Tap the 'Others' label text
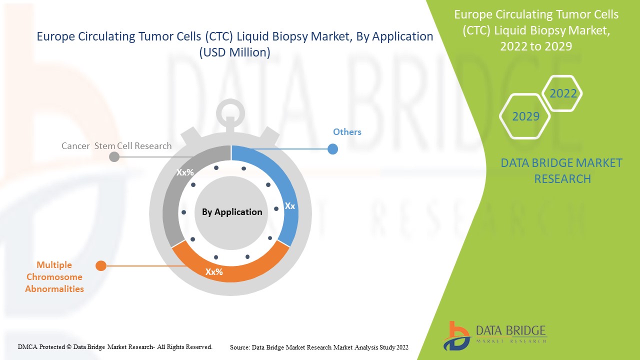click(x=347, y=132)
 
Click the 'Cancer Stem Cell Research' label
click(x=116, y=146)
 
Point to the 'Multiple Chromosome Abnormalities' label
click(x=54, y=277)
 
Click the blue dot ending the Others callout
click(x=332, y=149)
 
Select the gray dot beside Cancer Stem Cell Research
click(x=114, y=156)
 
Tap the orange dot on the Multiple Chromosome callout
click(x=101, y=266)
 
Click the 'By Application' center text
click(x=231, y=212)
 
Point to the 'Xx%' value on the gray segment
click(x=185, y=172)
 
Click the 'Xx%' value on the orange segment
click(x=214, y=272)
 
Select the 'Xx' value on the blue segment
click(x=289, y=206)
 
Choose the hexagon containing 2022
click(x=563, y=93)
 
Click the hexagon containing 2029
click(x=525, y=116)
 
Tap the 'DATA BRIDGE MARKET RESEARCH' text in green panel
click(x=562, y=171)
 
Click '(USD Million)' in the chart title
click(x=234, y=52)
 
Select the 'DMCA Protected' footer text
click(x=115, y=346)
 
